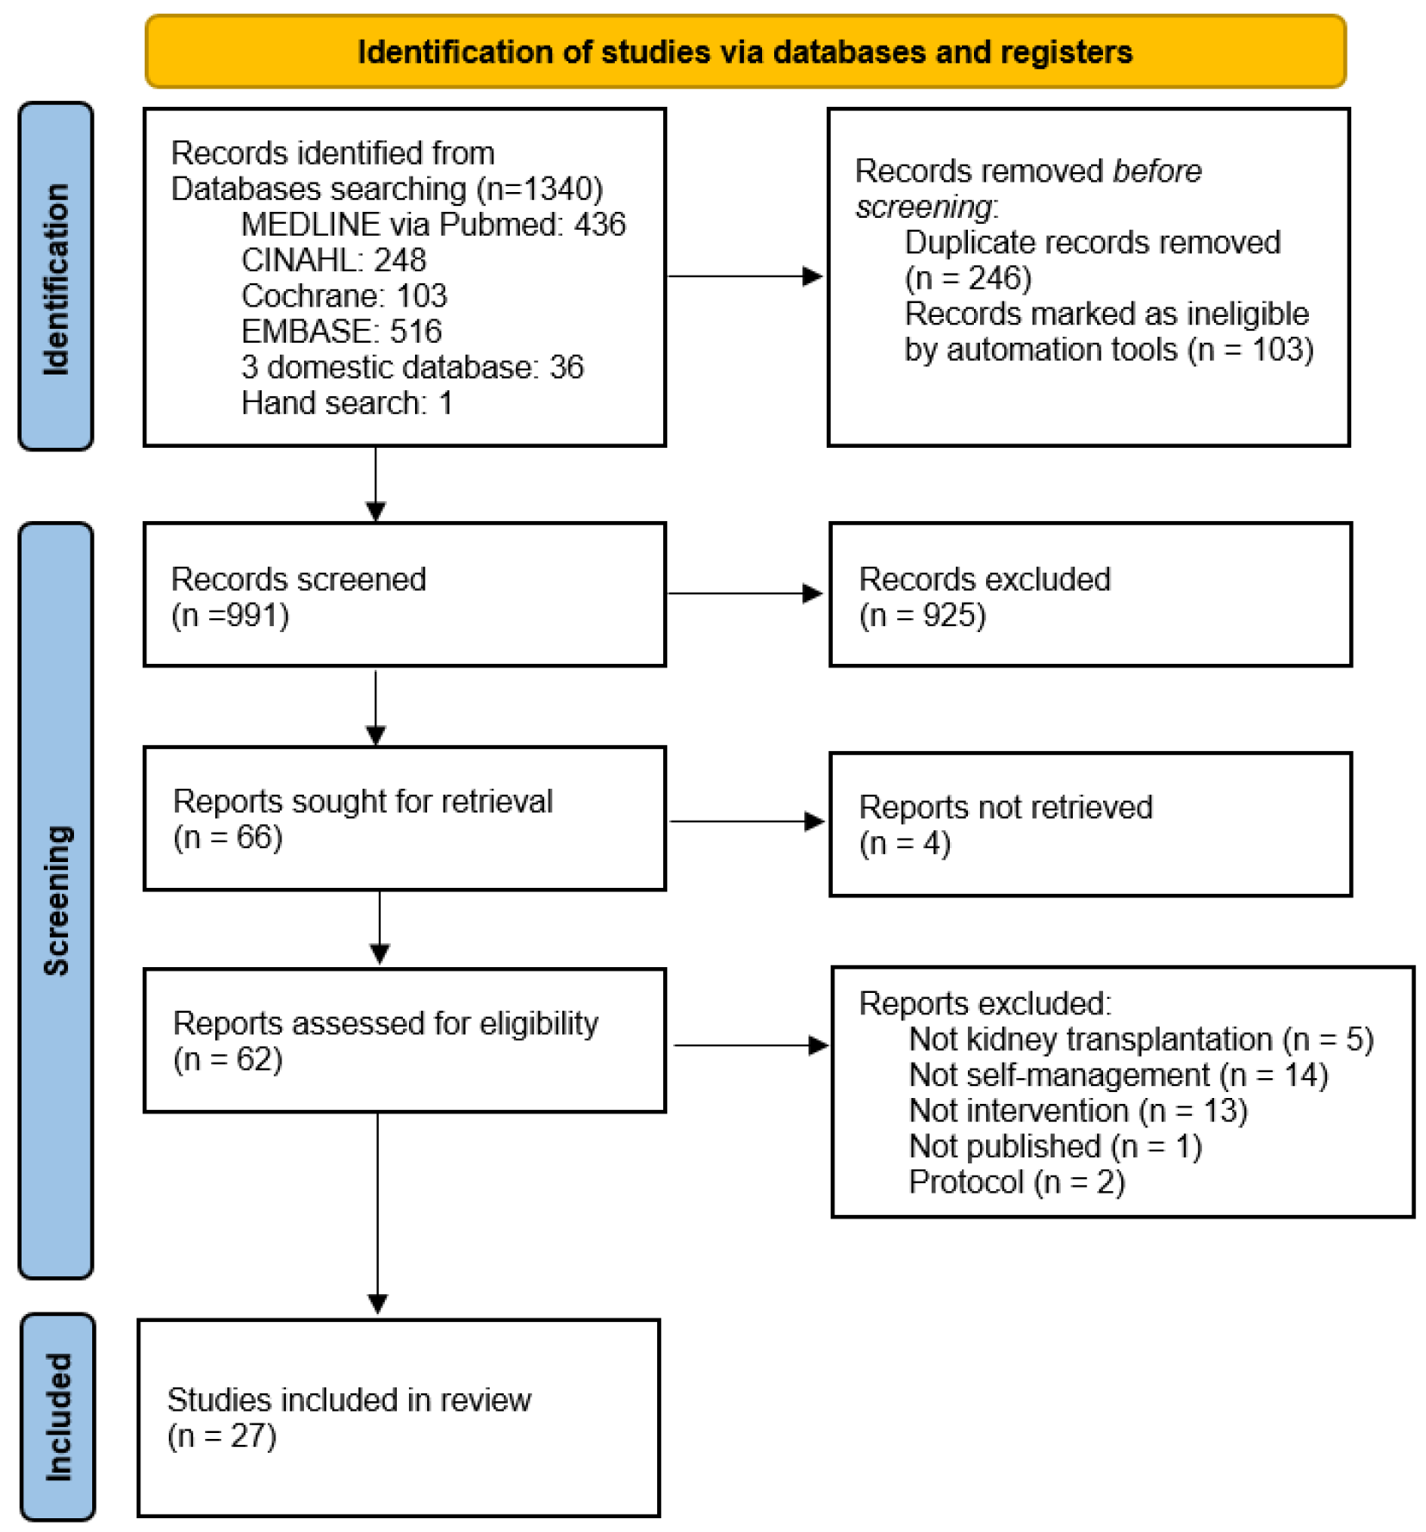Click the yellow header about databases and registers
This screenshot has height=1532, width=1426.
point(744,52)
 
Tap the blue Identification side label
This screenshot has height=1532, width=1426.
point(56,277)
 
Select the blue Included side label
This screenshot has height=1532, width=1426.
point(58,1416)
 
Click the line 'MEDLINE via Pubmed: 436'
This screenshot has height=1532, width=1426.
point(432,225)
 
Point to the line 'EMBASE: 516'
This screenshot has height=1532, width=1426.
point(341,332)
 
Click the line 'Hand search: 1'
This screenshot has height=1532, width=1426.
point(346,403)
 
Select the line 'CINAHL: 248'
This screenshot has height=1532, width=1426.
point(333,260)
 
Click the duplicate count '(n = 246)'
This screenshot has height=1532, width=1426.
point(967,278)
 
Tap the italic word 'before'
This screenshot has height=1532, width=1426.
point(1156,171)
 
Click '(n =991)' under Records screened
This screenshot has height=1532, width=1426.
point(230,616)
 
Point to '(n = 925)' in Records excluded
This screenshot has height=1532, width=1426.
point(921,616)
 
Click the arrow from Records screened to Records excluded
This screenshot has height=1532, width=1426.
point(745,593)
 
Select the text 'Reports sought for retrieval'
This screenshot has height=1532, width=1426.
point(363,802)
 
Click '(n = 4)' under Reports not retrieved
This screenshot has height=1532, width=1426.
point(904,843)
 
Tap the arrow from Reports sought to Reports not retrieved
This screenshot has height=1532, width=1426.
point(747,822)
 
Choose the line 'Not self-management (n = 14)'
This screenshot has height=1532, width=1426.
point(1118,1076)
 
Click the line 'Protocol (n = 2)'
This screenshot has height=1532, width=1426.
point(1016,1182)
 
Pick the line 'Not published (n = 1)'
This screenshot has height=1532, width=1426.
point(1055,1147)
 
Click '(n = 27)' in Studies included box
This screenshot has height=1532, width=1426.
point(221,1436)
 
